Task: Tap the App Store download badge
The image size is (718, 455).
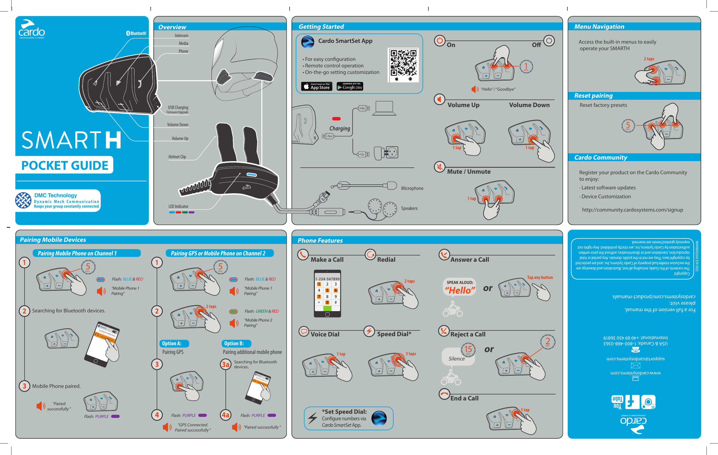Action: pyautogui.click(x=317, y=86)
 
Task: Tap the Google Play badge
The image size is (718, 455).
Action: pyautogui.click(x=350, y=86)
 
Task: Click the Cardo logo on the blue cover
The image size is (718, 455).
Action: pyautogui.click(x=31, y=29)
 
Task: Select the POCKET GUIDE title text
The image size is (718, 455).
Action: pyautogui.click(x=65, y=166)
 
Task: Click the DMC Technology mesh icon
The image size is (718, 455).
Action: pyautogui.click(x=23, y=200)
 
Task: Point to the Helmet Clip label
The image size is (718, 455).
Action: pyautogui.click(x=177, y=157)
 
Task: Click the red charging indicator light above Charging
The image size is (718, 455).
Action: pyautogui.click(x=336, y=119)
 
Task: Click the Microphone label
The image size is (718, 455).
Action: pyautogui.click(x=412, y=188)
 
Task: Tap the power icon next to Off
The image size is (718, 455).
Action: pyautogui.click(x=549, y=40)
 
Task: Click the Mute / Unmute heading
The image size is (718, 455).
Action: pyautogui.click(x=468, y=172)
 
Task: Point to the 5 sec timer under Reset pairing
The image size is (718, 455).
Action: pyautogui.click(x=628, y=126)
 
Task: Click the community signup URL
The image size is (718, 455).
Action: pyautogui.click(x=632, y=210)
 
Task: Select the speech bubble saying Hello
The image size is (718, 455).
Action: pyautogui.click(x=460, y=287)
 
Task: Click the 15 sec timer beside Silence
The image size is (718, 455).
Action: pyautogui.click(x=468, y=349)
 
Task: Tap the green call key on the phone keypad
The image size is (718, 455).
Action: pyautogui.click(x=327, y=308)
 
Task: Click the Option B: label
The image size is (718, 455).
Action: pyautogui.click(x=234, y=343)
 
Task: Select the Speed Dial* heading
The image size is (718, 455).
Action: pyautogui.click(x=394, y=334)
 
